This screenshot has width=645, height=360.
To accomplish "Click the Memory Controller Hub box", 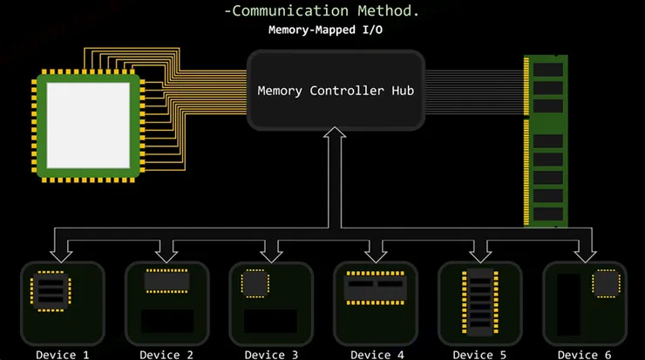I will coord(336,90).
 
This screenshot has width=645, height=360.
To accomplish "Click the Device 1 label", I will coord(62,354).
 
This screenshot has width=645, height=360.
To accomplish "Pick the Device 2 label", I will coord(166,354).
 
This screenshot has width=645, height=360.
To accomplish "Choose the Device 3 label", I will coord(271,354).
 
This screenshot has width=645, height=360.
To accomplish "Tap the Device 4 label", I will coord(376,354).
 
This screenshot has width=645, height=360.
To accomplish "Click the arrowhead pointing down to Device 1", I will coord(62,255).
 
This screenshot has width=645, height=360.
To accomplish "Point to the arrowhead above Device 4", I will coord(376,255).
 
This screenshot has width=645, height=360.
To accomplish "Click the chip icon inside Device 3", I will coord(255,282).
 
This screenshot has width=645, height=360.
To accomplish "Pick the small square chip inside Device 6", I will coord(605,283).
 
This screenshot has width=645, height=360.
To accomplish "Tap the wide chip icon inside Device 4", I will coord(376,287).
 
